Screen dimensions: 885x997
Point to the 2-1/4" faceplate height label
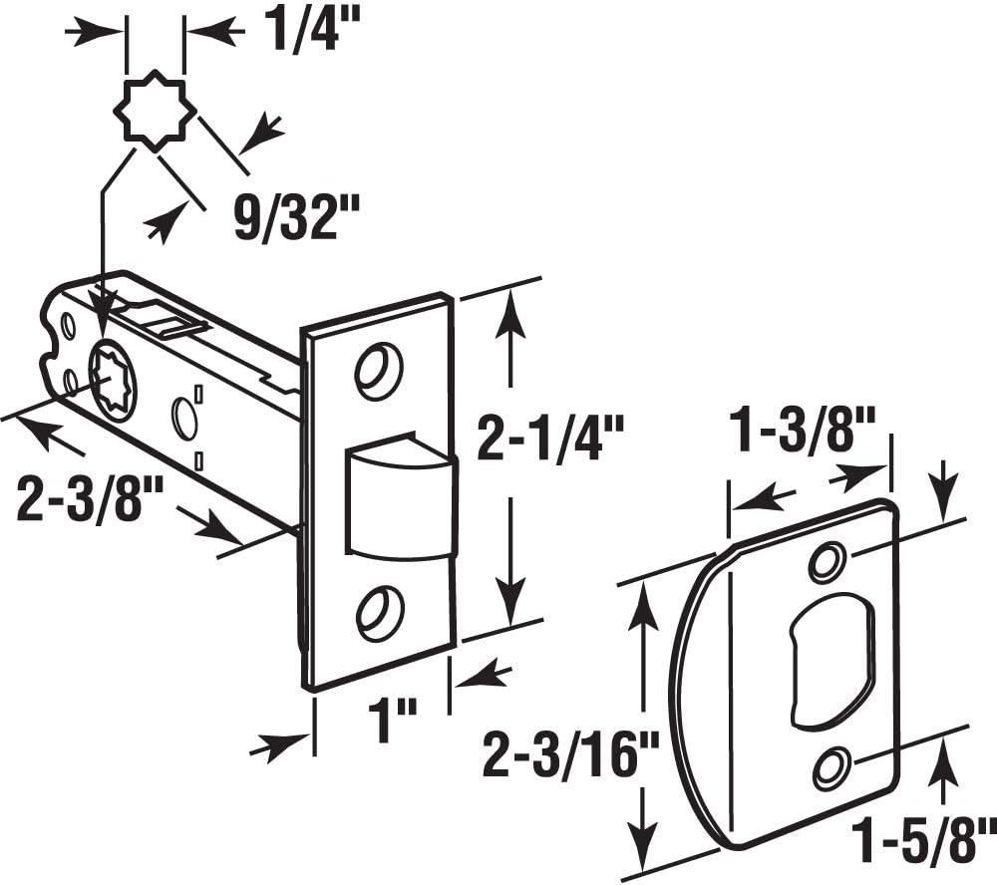(549, 440)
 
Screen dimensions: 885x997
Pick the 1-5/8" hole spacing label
(920, 829)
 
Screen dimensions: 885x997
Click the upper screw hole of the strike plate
(827, 562)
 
